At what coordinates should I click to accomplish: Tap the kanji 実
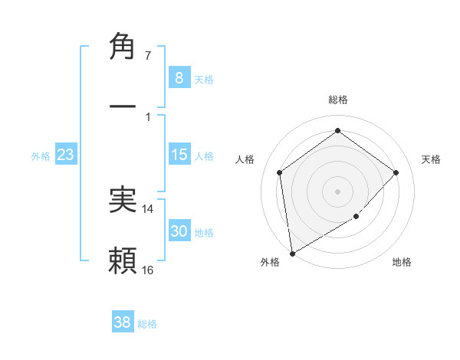[123, 200]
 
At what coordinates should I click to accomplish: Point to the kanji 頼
[123, 260]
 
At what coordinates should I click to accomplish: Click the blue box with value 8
[179, 77]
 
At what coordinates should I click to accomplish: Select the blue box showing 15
[179, 155]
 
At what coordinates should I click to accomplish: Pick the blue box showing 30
[179, 231]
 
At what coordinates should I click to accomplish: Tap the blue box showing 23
[66, 155]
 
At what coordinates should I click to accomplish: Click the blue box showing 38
[123, 322]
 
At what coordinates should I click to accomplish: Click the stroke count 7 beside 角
[147, 56]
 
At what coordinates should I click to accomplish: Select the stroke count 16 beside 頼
[148, 270]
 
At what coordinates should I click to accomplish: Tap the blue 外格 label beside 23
[41, 156]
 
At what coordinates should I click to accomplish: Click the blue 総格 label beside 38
[147, 324]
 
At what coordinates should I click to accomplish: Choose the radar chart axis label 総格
[337, 100]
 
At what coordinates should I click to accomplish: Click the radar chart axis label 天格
[431, 159]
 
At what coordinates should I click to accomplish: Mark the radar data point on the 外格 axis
[292, 253]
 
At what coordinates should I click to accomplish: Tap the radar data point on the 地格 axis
[356, 216]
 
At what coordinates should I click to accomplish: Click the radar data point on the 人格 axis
[280, 172]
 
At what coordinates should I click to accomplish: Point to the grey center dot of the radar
[337, 191]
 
